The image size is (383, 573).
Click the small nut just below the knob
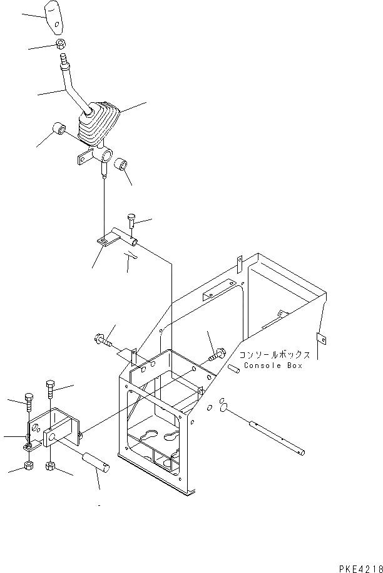(59, 44)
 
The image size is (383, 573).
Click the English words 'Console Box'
(272, 365)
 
